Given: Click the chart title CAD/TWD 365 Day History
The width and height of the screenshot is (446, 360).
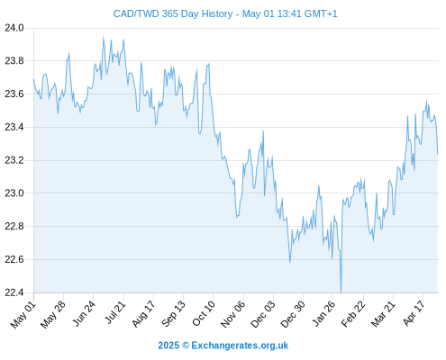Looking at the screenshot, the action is click(173, 13).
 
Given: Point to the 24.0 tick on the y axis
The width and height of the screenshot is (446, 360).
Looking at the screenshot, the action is click(14, 28).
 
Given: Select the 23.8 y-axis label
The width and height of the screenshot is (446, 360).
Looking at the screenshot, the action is click(14, 61).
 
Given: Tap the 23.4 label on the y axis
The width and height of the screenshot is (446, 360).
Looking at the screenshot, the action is click(14, 127).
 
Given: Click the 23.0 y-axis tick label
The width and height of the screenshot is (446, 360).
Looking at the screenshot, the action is click(14, 193).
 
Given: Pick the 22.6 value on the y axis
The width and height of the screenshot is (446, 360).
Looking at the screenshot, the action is click(14, 259).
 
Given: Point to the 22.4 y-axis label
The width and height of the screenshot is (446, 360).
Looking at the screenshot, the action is click(14, 292).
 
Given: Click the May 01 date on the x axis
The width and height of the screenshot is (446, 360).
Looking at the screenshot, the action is click(23, 315).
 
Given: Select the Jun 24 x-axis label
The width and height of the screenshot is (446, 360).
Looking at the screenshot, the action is click(84, 313).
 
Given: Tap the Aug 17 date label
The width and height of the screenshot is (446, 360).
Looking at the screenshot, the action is click(143, 314).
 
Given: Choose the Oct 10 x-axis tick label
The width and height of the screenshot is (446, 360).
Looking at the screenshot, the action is click(204, 314).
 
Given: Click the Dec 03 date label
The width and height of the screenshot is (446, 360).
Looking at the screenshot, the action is click(263, 315).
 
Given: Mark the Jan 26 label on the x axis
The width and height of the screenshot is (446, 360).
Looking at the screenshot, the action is click(323, 314).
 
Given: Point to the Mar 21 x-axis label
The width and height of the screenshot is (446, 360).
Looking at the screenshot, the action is click(383, 314).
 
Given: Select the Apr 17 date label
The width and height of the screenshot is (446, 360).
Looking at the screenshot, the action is click(414, 313).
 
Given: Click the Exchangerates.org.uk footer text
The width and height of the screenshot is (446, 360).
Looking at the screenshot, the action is click(240, 346).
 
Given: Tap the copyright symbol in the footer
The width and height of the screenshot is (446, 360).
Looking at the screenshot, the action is click(186, 346).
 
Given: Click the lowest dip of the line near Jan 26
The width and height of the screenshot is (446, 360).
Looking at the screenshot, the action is click(341, 292).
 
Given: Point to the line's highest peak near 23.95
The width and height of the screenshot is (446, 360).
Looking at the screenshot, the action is click(104, 38).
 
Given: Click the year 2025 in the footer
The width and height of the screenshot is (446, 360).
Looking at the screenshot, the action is click(168, 346).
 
